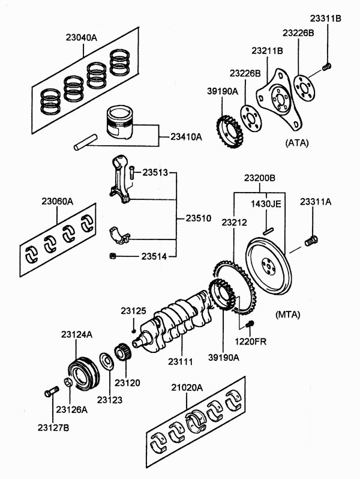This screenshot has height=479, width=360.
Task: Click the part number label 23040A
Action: (81, 37)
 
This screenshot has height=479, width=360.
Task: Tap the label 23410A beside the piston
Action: (182, 137)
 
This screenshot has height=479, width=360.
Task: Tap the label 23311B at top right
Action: (325, 19)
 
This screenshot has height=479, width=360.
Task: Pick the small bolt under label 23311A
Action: (311, 241)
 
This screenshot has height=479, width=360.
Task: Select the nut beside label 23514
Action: (113, 256)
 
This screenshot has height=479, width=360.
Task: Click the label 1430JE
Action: (266, 203)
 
